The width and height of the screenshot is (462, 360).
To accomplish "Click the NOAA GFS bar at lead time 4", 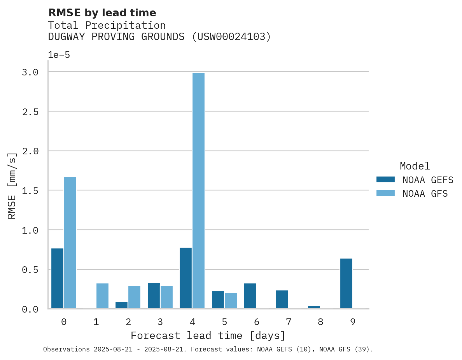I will (198, 191).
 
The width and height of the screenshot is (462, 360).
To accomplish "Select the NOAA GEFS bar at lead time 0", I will (57, 278).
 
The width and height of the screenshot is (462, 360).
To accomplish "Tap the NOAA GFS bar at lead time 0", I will (70, 243).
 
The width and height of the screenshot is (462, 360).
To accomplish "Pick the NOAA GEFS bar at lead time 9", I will (346, 283).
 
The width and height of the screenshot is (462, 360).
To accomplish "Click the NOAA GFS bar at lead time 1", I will (102, 296).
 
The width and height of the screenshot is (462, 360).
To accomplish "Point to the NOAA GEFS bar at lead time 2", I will (121, 305).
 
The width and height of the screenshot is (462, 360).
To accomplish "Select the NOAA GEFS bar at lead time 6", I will (250, 296).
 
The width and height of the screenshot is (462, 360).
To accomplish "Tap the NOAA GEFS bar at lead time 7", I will (282, 299).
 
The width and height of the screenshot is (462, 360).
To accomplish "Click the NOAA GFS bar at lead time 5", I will (231, 301).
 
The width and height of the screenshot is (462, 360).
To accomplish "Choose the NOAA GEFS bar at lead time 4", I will (185, 278).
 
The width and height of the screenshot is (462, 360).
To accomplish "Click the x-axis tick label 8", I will (320, 322).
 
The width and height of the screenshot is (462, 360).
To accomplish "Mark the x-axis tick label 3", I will (160, 322).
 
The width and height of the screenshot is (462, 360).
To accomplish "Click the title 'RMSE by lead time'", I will (102, 13).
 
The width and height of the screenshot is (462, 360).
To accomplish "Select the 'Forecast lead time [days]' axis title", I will (208, 336).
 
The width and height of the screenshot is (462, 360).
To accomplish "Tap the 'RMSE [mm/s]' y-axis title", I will (12, 186).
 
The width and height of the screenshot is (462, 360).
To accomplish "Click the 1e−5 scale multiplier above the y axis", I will (59, 55).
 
